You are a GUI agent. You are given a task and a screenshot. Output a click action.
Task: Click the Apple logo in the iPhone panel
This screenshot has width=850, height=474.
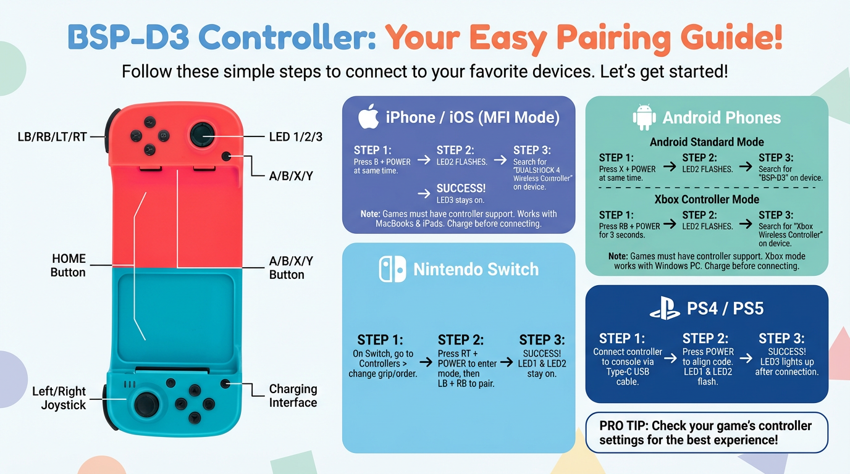coord(368,117)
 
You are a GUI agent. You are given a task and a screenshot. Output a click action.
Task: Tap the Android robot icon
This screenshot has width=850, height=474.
coord(644,117)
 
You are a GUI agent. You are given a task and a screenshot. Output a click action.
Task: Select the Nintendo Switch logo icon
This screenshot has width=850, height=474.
coord(392,269)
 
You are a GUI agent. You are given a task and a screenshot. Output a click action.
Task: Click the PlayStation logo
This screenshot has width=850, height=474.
coord(665,308)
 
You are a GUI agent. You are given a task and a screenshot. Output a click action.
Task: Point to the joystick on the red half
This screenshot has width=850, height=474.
coord(202,135)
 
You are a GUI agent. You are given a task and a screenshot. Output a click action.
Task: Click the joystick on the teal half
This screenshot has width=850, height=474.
coord(147,404)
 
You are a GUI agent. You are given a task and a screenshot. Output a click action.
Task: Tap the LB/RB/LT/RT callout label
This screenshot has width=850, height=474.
coord(53,137)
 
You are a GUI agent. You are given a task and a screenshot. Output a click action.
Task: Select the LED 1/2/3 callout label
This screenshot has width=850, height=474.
coord(296,137)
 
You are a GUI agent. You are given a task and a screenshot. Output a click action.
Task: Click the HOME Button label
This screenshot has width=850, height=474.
coord(69,265)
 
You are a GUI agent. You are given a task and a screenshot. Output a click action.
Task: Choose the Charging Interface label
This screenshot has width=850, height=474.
coord(293,396)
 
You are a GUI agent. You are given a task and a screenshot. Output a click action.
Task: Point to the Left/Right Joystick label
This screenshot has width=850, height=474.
coord(59,398)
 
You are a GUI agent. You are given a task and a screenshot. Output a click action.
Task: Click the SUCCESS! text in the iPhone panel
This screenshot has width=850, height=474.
coord(461,188)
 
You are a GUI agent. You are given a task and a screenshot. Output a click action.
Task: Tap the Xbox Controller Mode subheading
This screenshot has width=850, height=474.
coord(707,199)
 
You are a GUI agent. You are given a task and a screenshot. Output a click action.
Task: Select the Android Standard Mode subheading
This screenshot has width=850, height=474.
coord(707,142)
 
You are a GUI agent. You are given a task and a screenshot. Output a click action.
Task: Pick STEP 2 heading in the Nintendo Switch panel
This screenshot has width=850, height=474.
coord(461,339)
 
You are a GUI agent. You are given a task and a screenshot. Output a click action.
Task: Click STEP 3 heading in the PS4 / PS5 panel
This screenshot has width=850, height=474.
coord(781,338)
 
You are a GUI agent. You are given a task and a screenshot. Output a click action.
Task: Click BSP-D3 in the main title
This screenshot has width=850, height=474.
coord(128,37)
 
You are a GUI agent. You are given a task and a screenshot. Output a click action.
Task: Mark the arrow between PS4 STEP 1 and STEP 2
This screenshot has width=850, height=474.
coord(670,358)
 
